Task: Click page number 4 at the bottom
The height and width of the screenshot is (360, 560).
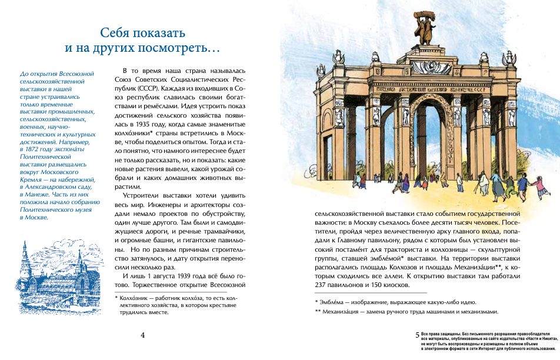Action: (143, 335)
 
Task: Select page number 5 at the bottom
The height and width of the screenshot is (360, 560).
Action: (418, 334)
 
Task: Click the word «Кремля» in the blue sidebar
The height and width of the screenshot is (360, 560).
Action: (33, 175)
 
